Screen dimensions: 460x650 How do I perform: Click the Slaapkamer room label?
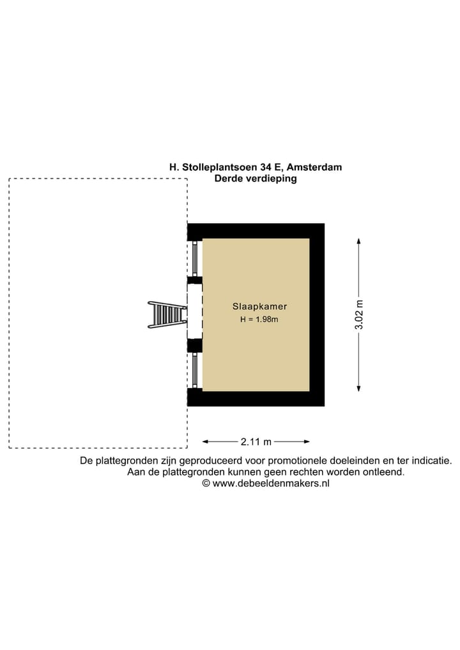coord(259,306)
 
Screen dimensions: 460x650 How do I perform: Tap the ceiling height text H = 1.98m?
coord(259,319)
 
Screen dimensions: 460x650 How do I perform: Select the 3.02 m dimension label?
coord(359,314)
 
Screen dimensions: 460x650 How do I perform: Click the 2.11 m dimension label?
coord(256,442)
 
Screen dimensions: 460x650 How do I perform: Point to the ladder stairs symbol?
coord(167,314)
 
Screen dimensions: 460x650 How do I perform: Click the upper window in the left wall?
coord(195,259)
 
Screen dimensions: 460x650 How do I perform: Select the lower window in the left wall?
coord(195,370)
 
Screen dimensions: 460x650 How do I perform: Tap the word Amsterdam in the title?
coord(314,167)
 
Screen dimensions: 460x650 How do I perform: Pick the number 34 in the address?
coord(265,167)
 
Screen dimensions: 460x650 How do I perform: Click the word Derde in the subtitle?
coord(228,178)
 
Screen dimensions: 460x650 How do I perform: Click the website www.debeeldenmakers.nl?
coord(271,483)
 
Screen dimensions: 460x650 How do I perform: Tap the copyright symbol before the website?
coord(206,483)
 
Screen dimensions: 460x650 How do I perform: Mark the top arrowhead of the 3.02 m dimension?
coord(359,241)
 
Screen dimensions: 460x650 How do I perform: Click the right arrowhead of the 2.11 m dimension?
coord(307,442)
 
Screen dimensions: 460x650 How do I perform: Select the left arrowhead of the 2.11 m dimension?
coord(205,442)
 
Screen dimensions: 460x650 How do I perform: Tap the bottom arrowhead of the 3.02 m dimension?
coord(359,389)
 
